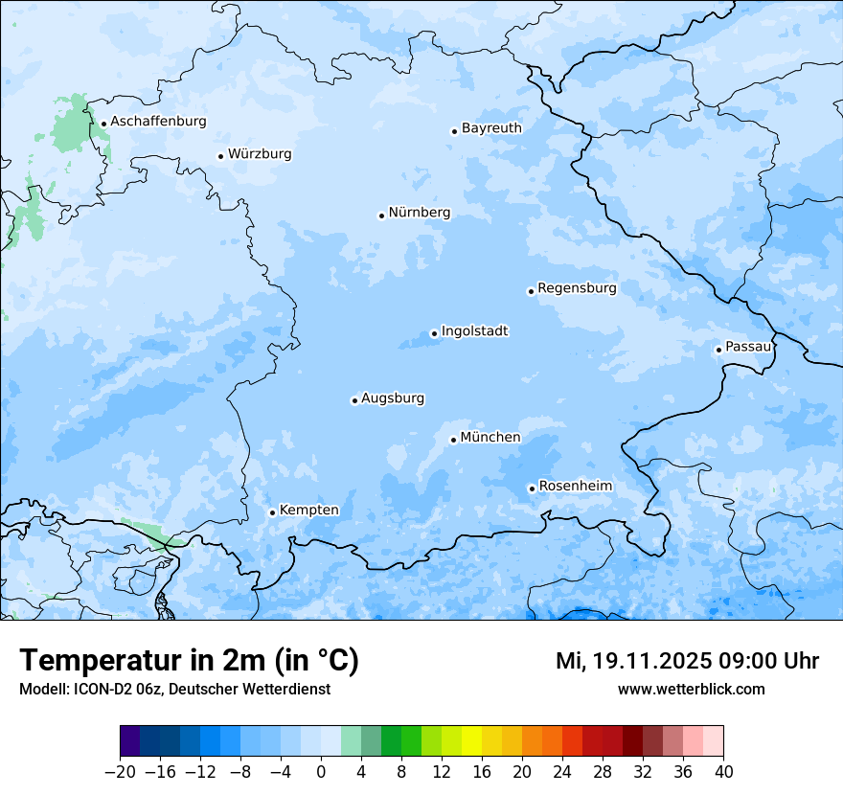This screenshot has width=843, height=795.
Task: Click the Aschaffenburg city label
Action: (158, 122)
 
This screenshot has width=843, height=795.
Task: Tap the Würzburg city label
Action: (260, 154)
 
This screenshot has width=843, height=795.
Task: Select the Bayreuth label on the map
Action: (491, 128)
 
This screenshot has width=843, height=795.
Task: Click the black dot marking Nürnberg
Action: (381, 216)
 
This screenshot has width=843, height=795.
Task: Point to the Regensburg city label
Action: (577, 288)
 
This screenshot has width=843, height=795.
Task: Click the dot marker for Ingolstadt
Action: (434, 334)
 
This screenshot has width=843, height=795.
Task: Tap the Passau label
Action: (747, 347)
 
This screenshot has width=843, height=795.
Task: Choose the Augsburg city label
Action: (393, 398)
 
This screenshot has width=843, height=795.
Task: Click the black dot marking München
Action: (453, 440)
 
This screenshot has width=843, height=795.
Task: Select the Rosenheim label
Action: (575, 487)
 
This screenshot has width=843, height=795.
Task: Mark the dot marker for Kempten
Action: (272, 512)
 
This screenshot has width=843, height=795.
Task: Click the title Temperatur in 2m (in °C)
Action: (189, 661)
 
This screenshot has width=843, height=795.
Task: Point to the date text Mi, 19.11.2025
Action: (632, 661)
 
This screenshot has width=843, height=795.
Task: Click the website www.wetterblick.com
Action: (691, 689)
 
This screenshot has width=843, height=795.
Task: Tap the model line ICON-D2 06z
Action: (174, 689)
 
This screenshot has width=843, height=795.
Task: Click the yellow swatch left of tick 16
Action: (471, 741)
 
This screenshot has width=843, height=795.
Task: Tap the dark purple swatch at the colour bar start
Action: (130, 741)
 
